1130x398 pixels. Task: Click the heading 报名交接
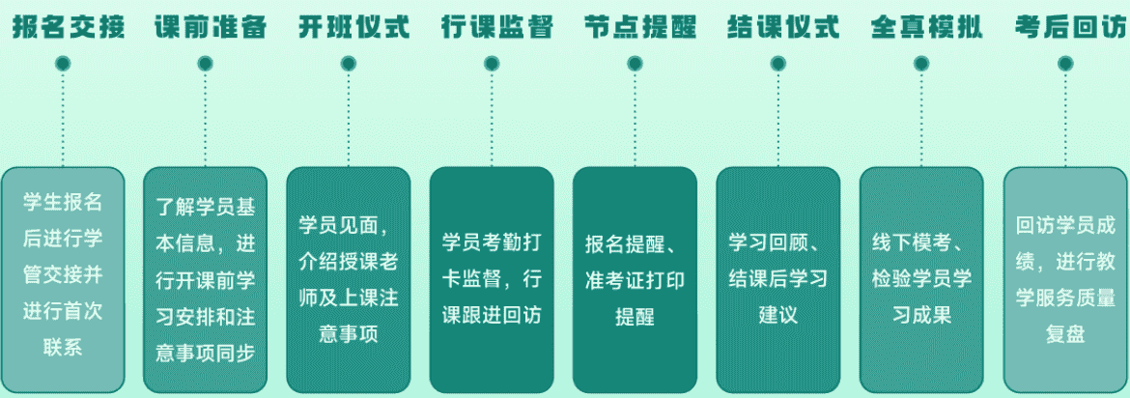69,26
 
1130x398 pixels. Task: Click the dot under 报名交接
63,64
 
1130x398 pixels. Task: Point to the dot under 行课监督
492,64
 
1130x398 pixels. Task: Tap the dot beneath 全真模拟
920,64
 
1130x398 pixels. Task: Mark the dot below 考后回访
1065,64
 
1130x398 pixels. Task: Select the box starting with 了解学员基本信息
205,279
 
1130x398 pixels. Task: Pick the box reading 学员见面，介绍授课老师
349,279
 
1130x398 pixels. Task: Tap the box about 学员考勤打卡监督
492,279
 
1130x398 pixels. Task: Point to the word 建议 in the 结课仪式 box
777,315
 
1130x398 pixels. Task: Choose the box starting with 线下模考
921,279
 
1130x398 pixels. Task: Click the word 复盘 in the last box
1065,335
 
